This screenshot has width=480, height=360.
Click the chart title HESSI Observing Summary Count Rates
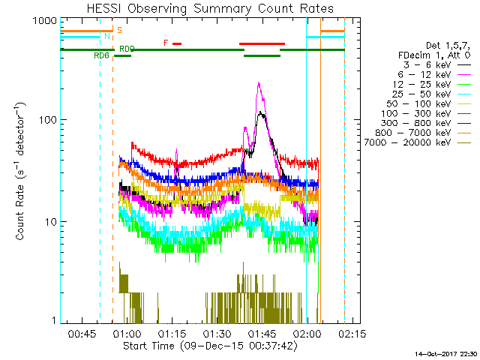tap(202, 8)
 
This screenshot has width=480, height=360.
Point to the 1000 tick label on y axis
tap(42, 20)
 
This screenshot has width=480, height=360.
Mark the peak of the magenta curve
tap(259, 83)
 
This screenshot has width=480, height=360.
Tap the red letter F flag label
tap(166, 43)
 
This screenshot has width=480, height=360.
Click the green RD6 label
tap(101, 55)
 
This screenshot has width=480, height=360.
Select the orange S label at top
tap(118, 30)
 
